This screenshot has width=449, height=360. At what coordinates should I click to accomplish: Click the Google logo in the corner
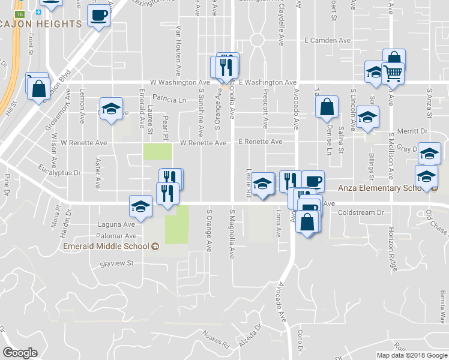tap(20, 352)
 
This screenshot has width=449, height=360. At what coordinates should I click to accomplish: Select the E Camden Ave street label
tap(327, 40)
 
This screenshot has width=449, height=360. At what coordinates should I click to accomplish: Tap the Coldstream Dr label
tap(360, 212)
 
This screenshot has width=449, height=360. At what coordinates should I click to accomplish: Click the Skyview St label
tap(116, 263)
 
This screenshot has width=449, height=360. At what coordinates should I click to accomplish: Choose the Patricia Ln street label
tap(169, 99)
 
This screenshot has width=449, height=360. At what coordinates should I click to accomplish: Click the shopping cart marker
tap(393, 73)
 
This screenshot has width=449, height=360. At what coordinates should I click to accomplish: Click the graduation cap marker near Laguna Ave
tap(140, 206)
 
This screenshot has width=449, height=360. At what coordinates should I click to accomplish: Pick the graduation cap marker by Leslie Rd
tap(262, 184)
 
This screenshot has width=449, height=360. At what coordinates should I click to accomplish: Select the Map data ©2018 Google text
tap(411, 355)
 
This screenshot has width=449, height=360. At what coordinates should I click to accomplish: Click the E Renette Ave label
tap(260, 142)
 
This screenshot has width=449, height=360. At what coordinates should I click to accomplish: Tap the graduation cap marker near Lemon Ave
tap(110, 109)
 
